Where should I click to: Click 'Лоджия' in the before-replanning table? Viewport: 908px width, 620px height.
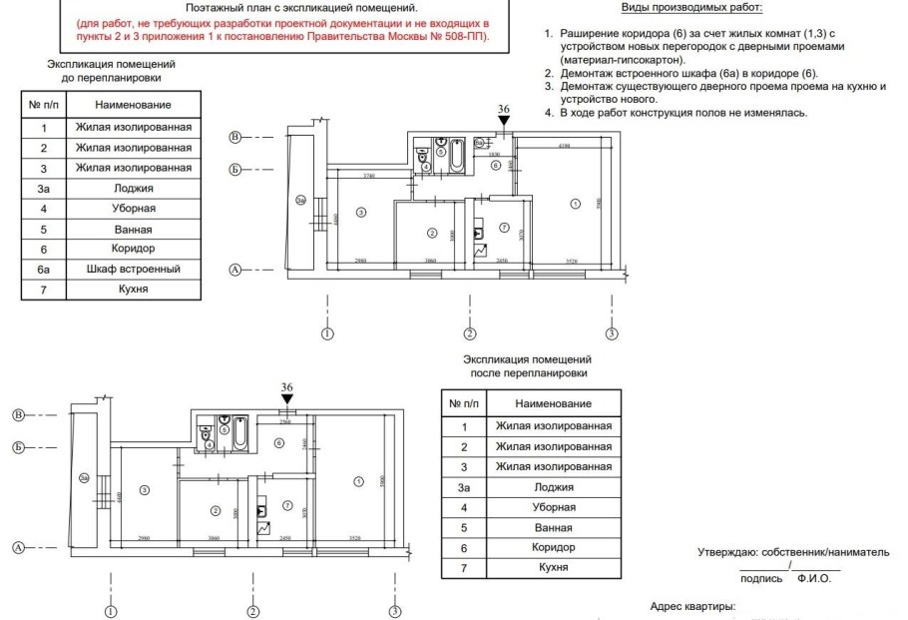pos(134,188)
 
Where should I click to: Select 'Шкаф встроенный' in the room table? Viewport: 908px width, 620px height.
pos(134,269)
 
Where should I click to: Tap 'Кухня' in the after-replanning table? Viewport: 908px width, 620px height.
pos(553,567)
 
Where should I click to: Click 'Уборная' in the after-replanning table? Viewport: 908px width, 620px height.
pos(553,507)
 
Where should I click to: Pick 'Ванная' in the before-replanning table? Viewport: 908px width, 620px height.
pos(134,229)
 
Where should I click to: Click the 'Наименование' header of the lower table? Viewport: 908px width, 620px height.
pos(553,403)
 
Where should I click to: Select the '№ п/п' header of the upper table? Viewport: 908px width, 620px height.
pos(44,105)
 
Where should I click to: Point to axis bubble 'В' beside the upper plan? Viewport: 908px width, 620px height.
pos(235,137)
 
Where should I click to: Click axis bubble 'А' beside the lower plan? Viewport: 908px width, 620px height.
pos(18,547)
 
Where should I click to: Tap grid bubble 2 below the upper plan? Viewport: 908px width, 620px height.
pos(469,333)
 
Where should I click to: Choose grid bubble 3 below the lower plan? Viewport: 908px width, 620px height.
pos(395,611)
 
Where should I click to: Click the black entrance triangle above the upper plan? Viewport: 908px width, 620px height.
pos(504,122)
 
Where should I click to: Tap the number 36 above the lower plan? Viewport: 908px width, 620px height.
pos(287,387)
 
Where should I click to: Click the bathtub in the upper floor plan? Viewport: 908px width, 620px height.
pos(455,156)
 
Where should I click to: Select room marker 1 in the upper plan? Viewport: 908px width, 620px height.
pos(574,203)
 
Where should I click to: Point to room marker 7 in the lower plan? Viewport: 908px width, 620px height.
pos(285,506)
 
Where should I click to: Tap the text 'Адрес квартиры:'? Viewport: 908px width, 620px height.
pos(692,606)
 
